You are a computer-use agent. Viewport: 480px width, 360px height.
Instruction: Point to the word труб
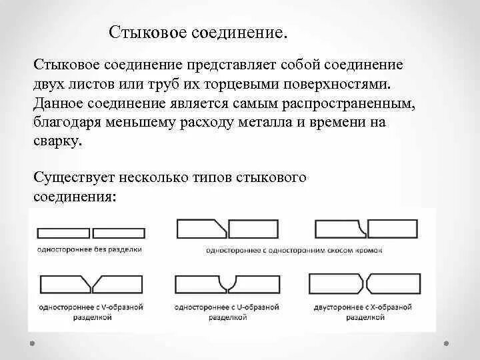[163, 86]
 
